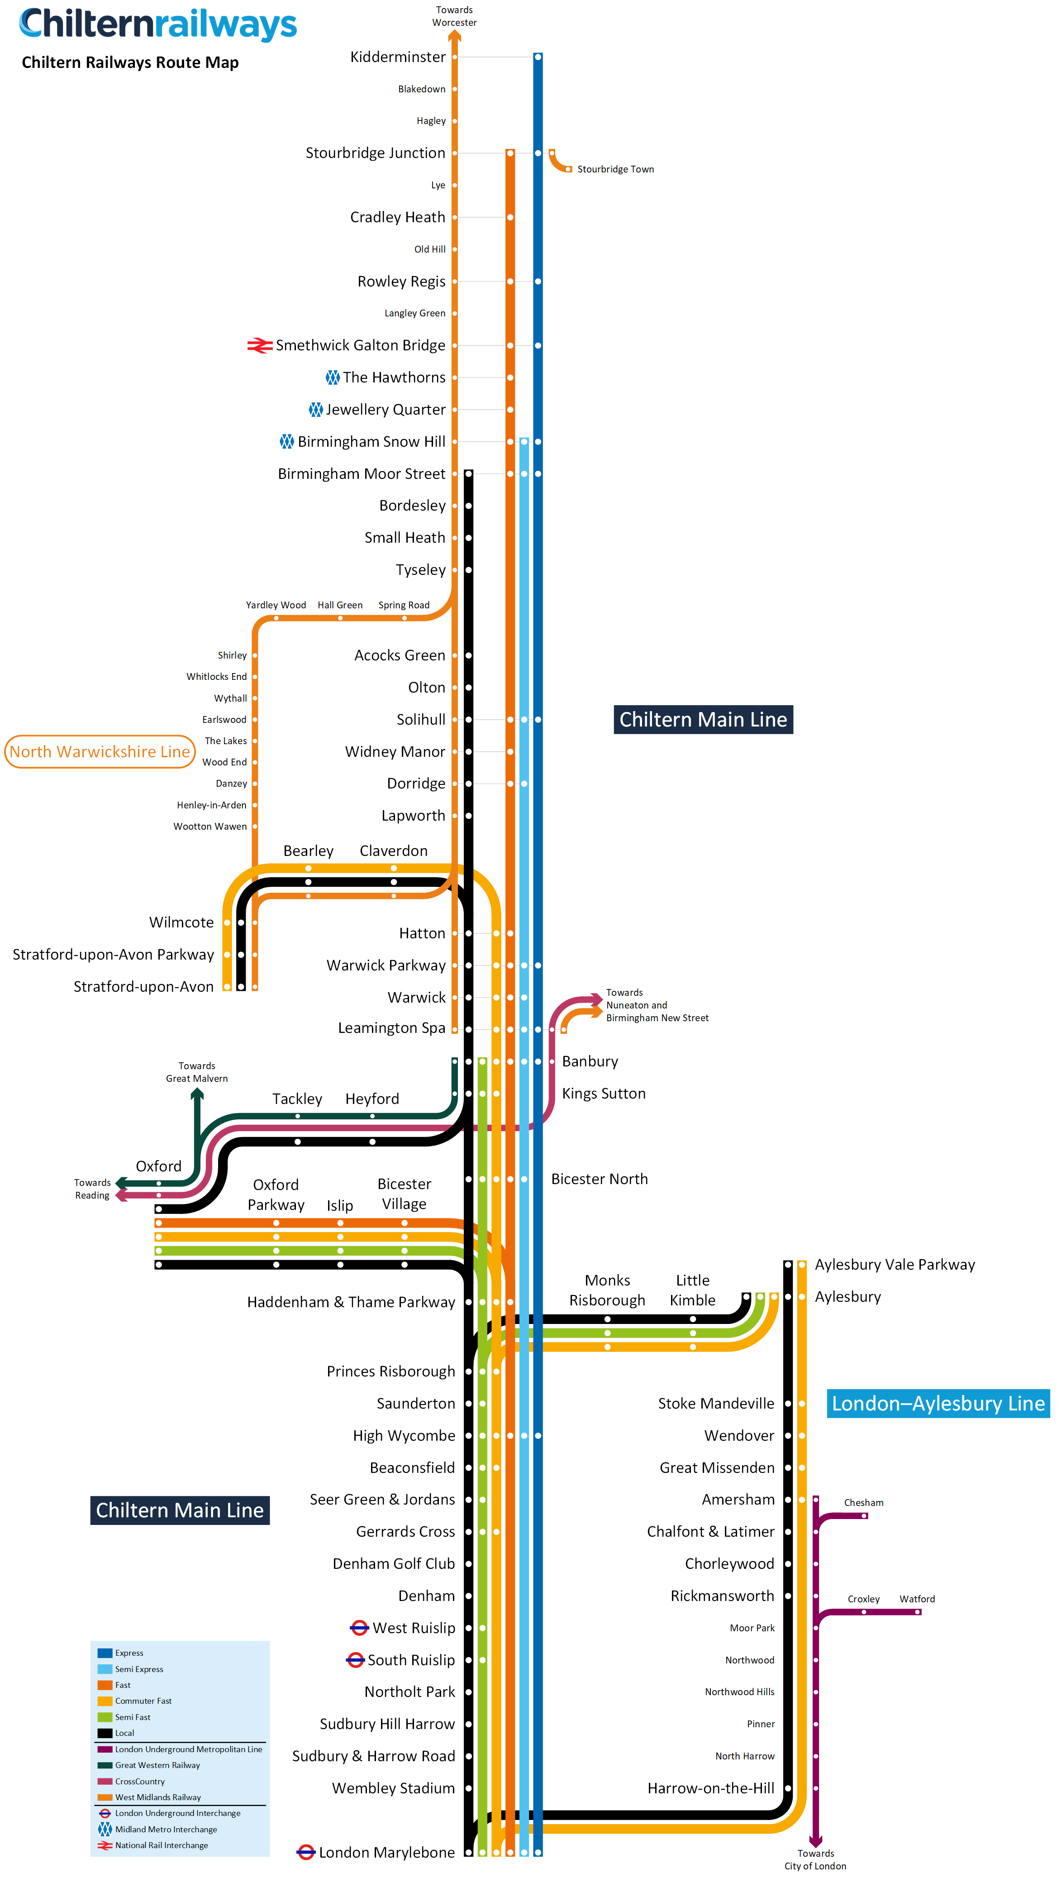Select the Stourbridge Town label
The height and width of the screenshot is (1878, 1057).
coord(615,169)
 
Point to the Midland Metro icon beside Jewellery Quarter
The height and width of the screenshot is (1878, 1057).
coord(316,410)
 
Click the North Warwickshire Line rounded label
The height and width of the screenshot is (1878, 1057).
coord(100,752)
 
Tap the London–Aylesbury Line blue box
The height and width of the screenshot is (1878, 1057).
coord(938,1403)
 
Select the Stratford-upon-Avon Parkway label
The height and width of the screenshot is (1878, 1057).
coord(113,954)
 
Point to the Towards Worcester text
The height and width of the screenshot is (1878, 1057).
coord(454,16)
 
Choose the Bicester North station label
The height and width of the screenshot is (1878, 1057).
coord(599,1179)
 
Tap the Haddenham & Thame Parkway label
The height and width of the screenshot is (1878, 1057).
coord(351,1302)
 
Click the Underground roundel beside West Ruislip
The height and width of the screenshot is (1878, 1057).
coord(359,1628)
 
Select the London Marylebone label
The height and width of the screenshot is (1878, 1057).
coord(386,1853)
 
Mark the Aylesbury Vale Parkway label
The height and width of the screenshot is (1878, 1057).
coord(895,1265)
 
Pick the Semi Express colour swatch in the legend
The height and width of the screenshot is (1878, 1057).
coord(105,1669)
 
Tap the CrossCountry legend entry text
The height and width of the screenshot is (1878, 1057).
coord(140,1781)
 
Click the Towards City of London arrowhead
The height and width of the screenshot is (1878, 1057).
coord(816,1841)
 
